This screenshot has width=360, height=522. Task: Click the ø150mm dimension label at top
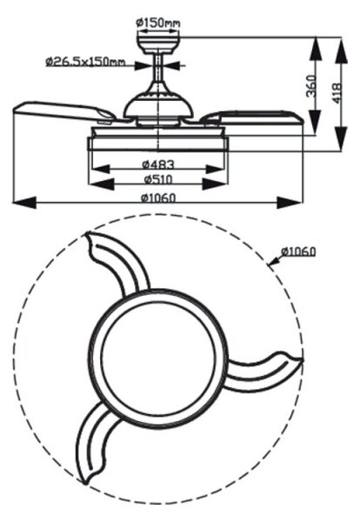click(158, 23)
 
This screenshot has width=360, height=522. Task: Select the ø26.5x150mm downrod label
click(85, 62)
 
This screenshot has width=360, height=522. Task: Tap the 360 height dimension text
click(311, 86)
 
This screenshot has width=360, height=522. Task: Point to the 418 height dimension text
click(337, 93)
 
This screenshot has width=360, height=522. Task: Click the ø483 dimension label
click(158, 164)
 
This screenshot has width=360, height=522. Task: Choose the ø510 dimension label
click(158, 179)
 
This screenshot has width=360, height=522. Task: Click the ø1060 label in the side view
click(158, 198)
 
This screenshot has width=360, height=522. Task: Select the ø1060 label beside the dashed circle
click(297, 251)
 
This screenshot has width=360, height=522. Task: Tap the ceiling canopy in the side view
click(158, 43)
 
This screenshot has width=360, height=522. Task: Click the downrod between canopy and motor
click(158, 68)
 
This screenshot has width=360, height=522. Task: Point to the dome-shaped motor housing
click(158, 104)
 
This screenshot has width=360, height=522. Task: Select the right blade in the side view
click(253, 117)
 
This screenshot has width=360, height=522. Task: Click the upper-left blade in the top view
click(117, 263)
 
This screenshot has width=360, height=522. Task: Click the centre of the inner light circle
click(158, 358)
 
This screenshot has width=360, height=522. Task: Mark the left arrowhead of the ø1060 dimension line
click(24, 202)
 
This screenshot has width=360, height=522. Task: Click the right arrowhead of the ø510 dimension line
click(215, 184)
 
